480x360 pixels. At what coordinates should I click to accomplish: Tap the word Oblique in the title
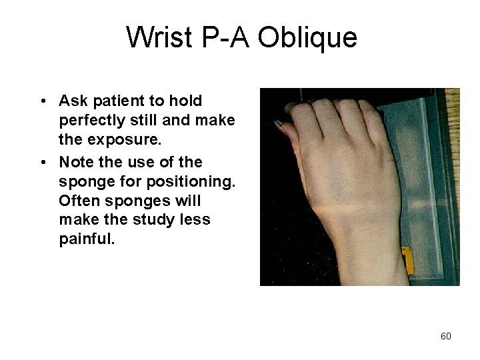point(307,38)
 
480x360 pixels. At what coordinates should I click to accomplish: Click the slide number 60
point(446,336)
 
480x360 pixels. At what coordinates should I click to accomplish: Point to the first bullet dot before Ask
point(42,101)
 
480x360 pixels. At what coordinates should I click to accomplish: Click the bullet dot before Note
point(42,163)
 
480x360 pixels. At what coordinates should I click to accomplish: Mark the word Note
point(75,162)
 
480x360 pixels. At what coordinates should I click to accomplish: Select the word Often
point(77,201)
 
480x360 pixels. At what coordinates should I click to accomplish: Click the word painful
point(87,239)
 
